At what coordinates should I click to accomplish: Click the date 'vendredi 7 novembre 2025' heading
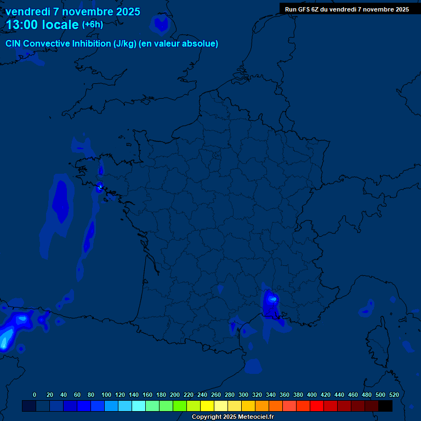click(72, 12)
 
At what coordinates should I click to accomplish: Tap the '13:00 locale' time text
click(42, 25)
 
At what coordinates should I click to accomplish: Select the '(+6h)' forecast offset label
click(92, 25)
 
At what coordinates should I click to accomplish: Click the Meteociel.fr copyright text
click(232, 417)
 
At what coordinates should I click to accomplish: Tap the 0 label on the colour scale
click(35, 395)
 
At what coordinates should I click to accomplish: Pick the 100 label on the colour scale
click(106, 395)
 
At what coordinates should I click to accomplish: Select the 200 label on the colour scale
click(175, 395)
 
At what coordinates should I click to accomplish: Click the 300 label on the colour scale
click(243, 395)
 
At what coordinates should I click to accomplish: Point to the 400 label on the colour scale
click(312, 395)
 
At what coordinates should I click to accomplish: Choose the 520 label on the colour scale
click(394, 395)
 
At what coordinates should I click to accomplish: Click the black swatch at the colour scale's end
click(385, 406)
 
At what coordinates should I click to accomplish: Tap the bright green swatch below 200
click(180, 406)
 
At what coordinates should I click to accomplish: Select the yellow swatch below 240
click(207, 406)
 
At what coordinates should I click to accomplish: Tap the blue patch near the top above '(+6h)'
click(162, 24)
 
